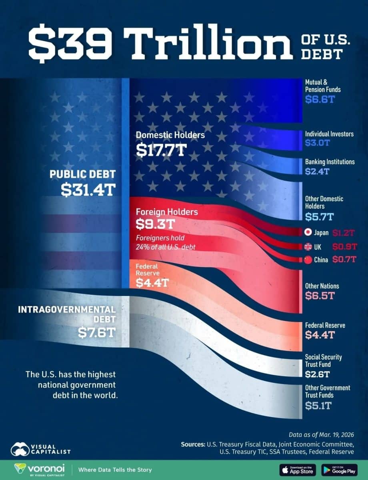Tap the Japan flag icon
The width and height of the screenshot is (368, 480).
point(308,232)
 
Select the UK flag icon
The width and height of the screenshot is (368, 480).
point(308,246)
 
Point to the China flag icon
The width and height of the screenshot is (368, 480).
point(308,260)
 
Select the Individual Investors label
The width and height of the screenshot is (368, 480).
point(330,134)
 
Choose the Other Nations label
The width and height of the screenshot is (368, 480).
point(322,286)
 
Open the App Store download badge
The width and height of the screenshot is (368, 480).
point(297,470)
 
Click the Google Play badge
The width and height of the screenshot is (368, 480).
point(339,470)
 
